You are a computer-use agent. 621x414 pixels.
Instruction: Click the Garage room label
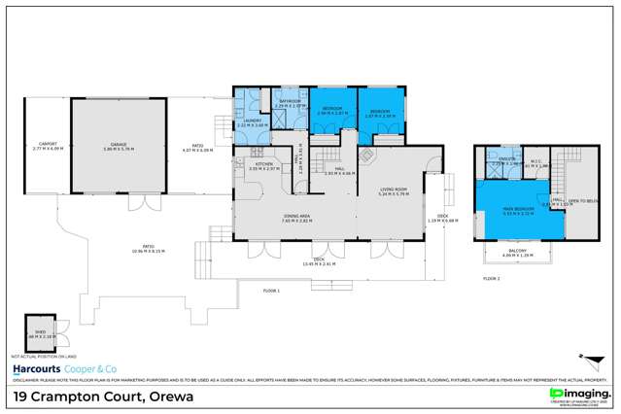119,149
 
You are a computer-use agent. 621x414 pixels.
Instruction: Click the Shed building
42,331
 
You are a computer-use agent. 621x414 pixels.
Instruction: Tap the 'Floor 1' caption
271,291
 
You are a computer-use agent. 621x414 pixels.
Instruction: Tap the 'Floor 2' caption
493,279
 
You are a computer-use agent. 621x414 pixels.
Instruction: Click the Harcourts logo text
37,370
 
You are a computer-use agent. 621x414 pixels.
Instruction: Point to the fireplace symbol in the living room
367,155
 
